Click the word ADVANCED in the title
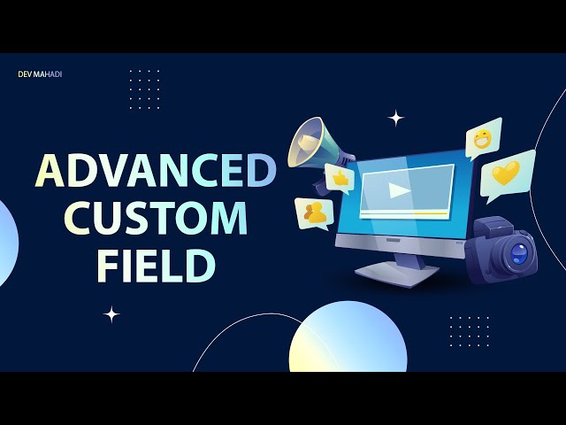click(156, 171)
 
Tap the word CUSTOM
click(156, 219)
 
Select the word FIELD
click(156, 266)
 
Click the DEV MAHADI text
click(40, 74)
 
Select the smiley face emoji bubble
click(483, 138)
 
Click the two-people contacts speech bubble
click(313, 212)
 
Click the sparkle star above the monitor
click(396, 118)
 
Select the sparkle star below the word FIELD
click(111, 313)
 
